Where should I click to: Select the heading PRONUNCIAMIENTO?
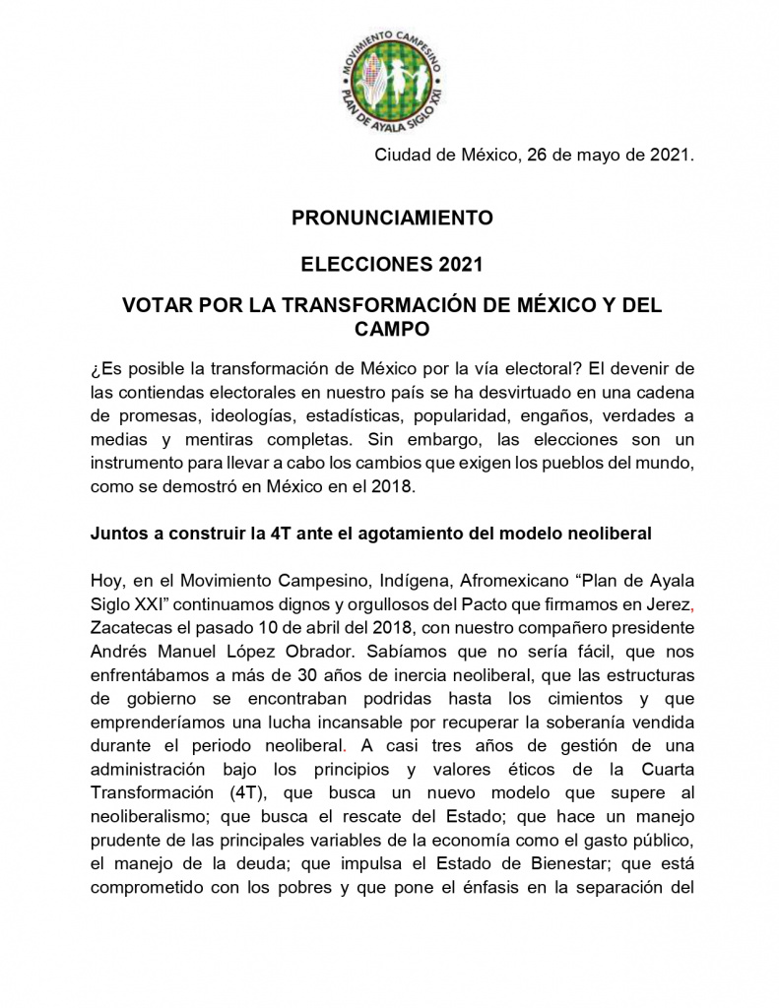(392, 218)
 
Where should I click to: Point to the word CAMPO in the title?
(392, 330)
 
